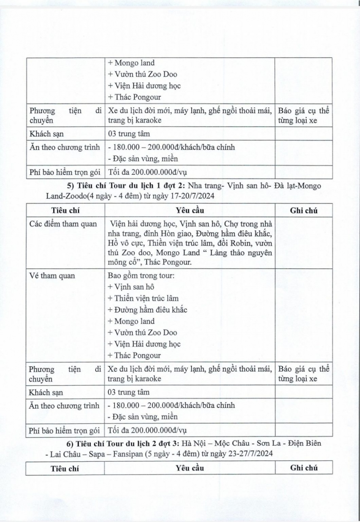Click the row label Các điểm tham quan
pyautogui.click(x=63, y=224)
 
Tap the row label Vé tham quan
pyautogui.click(x=52, y=276)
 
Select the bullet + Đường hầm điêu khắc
pyautogui.click(x=147, y=309)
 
